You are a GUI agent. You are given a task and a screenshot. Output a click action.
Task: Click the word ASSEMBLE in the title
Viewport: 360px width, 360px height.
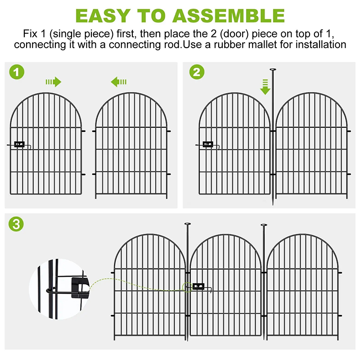click(x=229, y=15)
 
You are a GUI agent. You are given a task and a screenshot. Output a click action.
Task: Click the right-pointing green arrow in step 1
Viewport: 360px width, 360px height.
click(x=53, y=81)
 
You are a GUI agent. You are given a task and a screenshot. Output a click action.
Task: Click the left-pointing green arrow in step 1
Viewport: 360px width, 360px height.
click(x=118, y=81)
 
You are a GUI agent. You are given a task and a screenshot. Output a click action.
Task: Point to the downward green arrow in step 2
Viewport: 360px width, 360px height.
click(x=265, y=86)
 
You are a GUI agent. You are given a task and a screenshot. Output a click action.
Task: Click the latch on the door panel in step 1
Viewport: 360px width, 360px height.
click(x=19, y=144)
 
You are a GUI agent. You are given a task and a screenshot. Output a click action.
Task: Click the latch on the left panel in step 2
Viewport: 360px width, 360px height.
click(x=207, y=144)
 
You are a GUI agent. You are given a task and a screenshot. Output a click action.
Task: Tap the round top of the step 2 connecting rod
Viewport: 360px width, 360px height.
click(x=273, y=70)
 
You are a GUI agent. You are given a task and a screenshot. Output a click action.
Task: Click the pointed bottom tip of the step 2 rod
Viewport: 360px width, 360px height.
click(x=273, y=205)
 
